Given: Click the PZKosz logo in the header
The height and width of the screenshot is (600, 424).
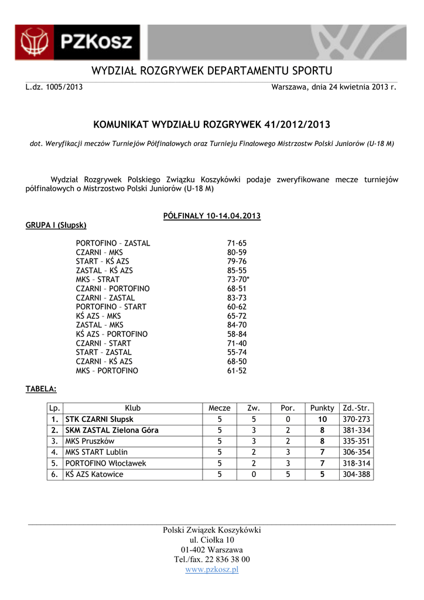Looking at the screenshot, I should point(77,43).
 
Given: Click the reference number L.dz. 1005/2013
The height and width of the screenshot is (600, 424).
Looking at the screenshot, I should point(54,87).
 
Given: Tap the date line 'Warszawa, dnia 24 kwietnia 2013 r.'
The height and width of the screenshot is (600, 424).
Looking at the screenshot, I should point(334,87).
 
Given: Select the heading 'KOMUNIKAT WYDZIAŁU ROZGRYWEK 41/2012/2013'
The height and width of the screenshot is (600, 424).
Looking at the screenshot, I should point(211,125).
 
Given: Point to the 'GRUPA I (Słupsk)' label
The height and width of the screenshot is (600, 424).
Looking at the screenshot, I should point(56,225).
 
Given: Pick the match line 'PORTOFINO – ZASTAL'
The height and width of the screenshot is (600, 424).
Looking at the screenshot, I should point(113,243).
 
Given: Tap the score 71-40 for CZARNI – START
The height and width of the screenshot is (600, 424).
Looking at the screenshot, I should point(237,343).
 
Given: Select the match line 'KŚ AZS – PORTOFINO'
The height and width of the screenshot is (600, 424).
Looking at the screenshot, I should point(112,334).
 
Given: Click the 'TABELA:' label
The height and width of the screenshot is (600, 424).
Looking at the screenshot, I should point(41,388).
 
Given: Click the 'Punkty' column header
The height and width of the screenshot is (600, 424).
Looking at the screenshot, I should point(322,408).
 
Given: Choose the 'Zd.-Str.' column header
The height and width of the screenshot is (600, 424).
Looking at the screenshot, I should point(356,408).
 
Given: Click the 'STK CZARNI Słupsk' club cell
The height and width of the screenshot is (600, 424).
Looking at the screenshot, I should point(100,420).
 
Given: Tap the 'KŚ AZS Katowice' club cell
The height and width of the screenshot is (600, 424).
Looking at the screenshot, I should point(94,474).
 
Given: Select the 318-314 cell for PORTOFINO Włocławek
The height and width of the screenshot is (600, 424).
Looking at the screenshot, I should point(356,463).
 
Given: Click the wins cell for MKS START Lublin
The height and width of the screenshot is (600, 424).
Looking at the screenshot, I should point(254,452).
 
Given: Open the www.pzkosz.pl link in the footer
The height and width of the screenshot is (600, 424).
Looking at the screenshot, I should point(212,570).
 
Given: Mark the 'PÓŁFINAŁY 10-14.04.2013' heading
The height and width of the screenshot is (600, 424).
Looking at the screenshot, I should point(211,216).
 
